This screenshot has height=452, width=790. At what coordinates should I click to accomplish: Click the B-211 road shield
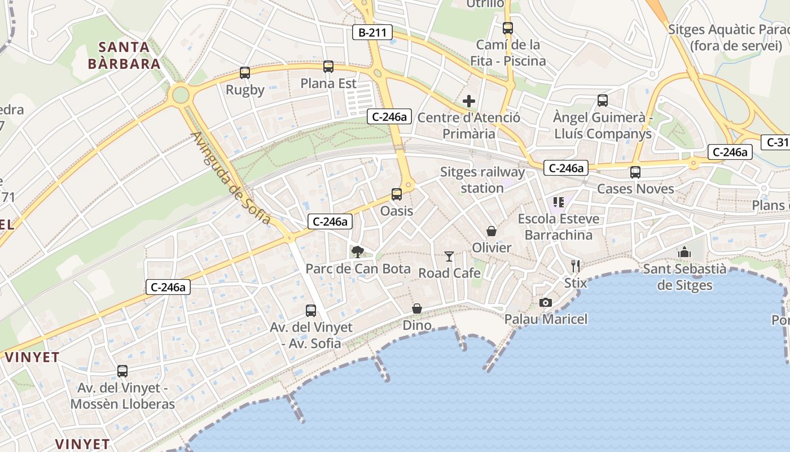[x=372, y=32]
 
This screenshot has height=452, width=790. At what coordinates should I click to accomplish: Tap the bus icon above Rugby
[x=245, y=73]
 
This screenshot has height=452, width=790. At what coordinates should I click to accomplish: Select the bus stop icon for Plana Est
[x=328, y=67]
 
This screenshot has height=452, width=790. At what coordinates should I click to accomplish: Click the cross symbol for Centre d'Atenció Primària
[x=469, y=102]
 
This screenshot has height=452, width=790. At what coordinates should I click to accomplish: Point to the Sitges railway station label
[x=482, y=180]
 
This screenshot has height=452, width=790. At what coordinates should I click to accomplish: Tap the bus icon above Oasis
[x=397, y=194]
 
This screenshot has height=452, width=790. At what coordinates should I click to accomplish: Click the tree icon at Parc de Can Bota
[x=358, y=252]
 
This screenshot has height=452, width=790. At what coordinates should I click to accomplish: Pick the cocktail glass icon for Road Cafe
[x=449, y=257]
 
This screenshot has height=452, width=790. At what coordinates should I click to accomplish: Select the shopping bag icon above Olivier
[x=491, y=231]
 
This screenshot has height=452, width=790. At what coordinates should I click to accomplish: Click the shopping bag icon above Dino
[x=417, y=308]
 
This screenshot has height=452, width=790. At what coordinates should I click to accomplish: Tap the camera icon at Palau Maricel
[x=545, y=303]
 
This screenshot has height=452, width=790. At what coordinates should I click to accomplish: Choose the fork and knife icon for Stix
[x=576, y=266]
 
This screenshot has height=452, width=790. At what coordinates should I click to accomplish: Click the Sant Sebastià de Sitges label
[x=684, y=277]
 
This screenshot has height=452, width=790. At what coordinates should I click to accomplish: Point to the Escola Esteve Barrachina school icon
[x=559, y=202]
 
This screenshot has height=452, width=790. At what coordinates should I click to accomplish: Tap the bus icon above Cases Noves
[x=635, y=172]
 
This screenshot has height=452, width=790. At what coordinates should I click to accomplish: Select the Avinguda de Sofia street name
[x=231, y=178]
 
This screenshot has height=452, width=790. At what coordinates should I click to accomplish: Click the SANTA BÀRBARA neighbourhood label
[x=124, y=55]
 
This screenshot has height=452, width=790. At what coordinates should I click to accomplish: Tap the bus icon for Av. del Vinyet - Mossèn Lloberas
[x=122, y=371]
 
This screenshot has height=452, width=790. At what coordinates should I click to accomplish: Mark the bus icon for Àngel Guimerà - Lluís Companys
[x=603, y=101]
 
